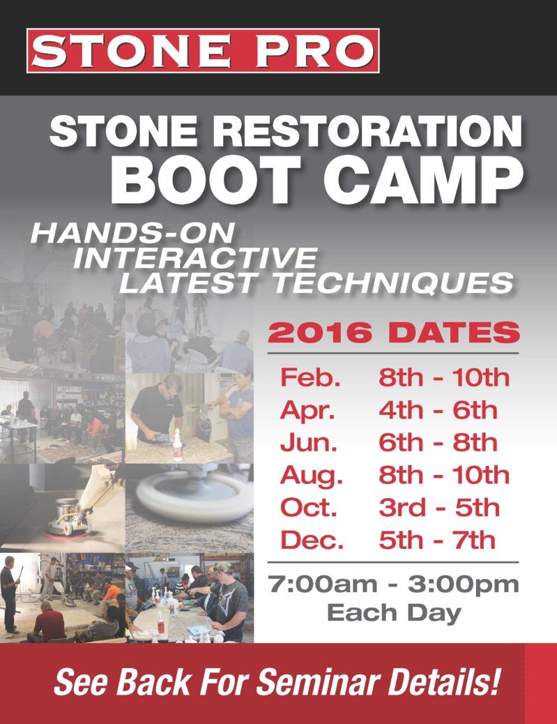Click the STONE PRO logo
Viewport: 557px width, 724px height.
pyautogui.click(x=203, y=51)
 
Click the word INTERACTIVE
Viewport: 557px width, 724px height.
pyautogui.click(x=194, y=258)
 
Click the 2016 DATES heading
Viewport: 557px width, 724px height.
pyautogui.click(x=394, y=333)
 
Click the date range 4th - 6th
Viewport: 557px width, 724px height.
pyautogui.click(x=438, y=410)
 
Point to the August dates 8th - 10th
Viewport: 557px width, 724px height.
pyautogui.click(x=444, y=475)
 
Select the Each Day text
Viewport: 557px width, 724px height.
pyautogui.click(x=394, y=613)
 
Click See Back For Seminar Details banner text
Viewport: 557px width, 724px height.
pyautogui.click(x=277, y=683)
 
